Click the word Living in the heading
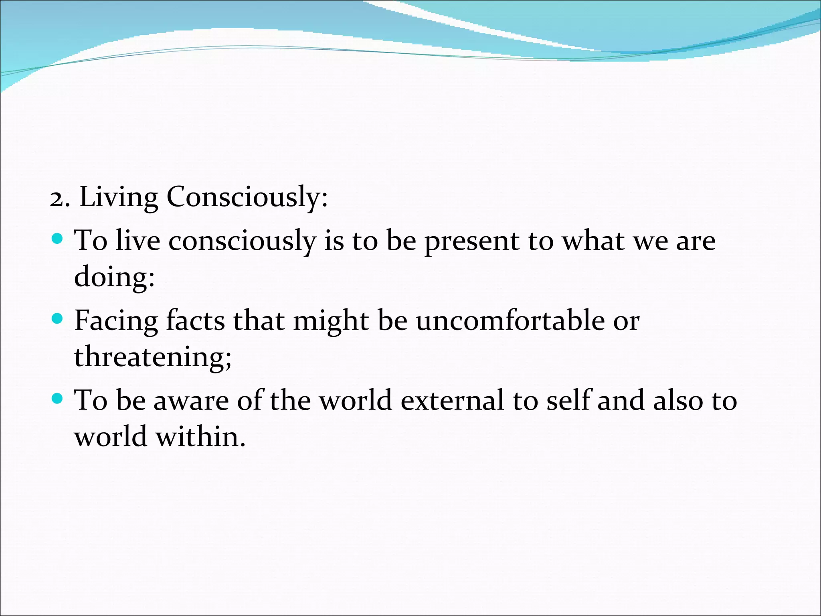(x=119, y=197)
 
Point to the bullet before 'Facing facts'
(x=58, y=319)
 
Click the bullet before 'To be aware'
(x=58, y=399)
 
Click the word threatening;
(x=153, y=357)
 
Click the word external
(x=452, y=401)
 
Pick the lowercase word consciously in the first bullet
(x=242, y=241)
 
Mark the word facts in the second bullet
(x=195, y=321)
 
